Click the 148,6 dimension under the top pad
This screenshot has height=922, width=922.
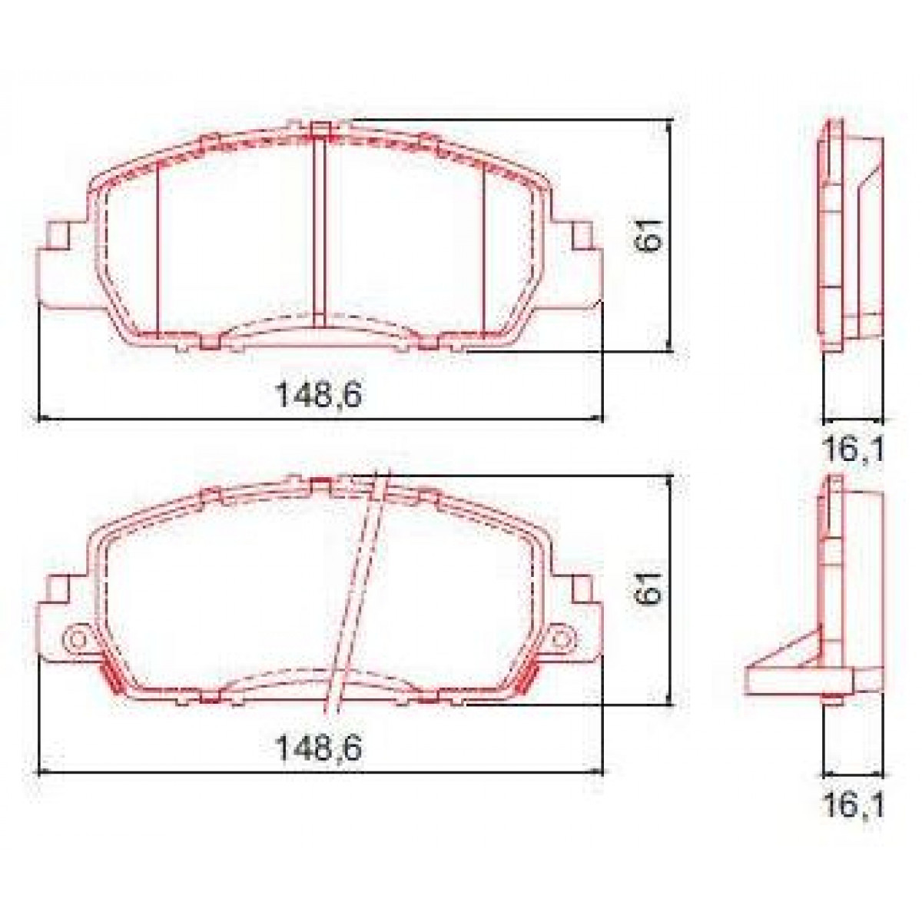[x=319, y=396]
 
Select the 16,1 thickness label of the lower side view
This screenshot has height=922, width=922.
[x=853, y=804]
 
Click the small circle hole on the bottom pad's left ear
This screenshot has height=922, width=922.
[x=77, y=638]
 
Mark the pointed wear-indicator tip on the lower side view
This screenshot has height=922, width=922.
[x=749, y=676]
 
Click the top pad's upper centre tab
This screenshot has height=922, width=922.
[x=321, y=128]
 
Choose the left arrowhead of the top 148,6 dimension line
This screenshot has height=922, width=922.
[x=43, y=419]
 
